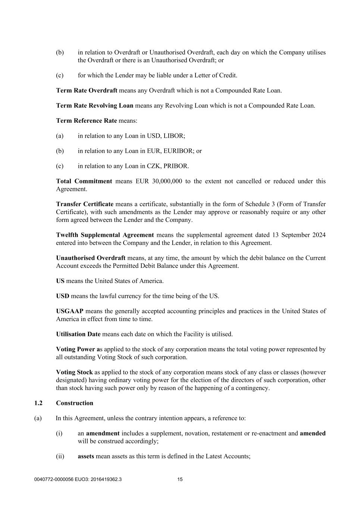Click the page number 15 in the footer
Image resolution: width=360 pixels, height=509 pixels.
(180, 480)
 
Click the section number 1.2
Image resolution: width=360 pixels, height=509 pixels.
(38, 403)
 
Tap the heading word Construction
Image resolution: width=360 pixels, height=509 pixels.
(75, 403)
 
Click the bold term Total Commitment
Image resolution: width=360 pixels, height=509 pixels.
(84, 181)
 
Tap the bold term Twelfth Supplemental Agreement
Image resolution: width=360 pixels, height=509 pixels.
(105, 235)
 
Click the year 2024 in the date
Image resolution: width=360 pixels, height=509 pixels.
(318, 235)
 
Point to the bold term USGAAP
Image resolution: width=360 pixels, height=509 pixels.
(70, 311)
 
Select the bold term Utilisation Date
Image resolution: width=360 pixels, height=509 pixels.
(78, 334)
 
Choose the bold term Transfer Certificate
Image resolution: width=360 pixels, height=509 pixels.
(85, 204)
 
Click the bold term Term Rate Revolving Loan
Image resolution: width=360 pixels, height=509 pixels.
(94, 106)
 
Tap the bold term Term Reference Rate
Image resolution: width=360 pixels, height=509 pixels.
(86, 120)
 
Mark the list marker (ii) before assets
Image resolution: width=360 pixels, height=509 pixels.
(60, 456)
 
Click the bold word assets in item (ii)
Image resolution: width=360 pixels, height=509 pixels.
(86, 456)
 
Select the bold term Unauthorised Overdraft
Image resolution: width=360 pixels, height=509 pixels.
(91, 258)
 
